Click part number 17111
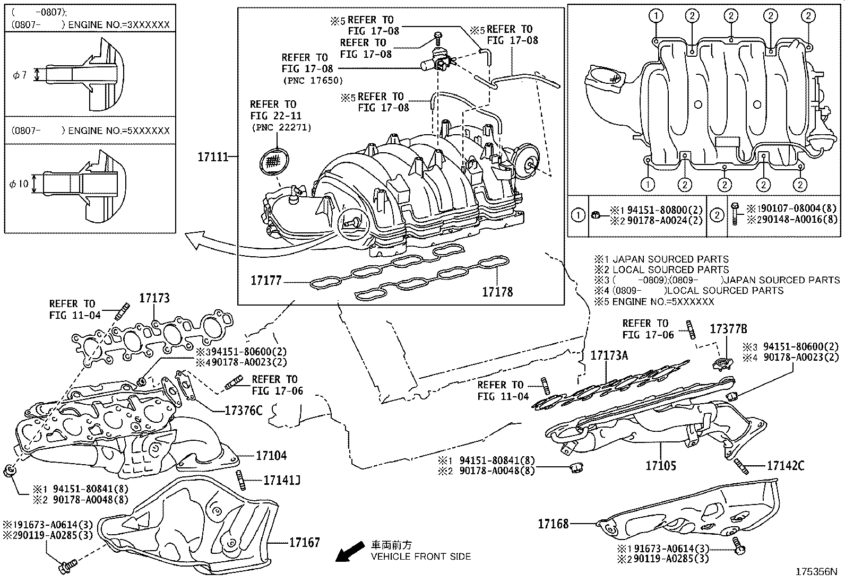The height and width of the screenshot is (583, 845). click(213, 156)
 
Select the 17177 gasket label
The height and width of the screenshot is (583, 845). click(266, 281)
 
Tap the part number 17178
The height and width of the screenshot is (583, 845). click(497, 292)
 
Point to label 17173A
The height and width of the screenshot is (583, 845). click(609, 355)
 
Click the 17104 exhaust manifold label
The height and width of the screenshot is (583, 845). click(271, 456)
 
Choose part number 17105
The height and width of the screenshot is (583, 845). click(661, 465)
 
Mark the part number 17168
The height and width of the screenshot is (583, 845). click(553, 524)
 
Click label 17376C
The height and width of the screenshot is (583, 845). click(243, 410)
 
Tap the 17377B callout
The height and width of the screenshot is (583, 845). click(728, 329)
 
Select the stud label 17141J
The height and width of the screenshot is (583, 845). click(282, 480)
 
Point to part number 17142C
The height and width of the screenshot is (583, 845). click(786, 466)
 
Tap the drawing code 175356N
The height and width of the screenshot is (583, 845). click(816, 572)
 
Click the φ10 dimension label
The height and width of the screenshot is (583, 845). click(19, 184)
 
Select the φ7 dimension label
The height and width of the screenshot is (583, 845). click(20, 75)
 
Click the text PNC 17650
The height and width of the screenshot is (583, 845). click(313, 80)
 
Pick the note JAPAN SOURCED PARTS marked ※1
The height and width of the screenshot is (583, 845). click(661, 259)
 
